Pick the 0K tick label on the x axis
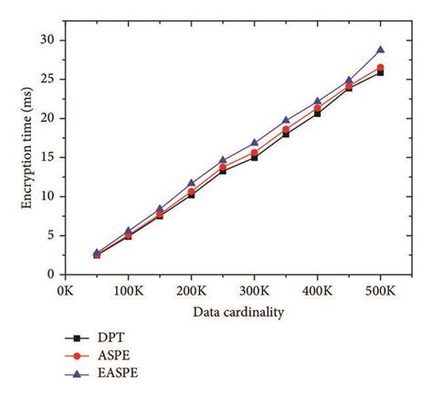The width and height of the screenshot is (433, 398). click(x=65, y=290)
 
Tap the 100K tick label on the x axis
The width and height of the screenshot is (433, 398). click(x=128, y=290)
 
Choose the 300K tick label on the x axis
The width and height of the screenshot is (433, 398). click(x=254, y=290)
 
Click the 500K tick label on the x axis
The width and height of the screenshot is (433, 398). click(x=380, y=290)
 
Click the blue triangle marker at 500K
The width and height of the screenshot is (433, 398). click(x=380, y=49)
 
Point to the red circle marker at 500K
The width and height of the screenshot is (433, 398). click(x=380, y=68)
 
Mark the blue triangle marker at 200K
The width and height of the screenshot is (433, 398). click(x=191, y=183)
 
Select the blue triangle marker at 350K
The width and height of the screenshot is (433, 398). click(x=286, y=120)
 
